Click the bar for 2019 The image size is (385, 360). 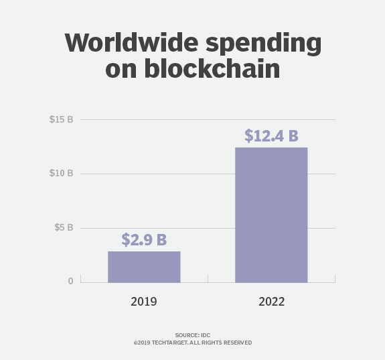144,267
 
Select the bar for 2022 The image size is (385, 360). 271,215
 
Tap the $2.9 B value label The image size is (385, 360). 144,239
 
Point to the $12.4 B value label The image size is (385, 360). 271,135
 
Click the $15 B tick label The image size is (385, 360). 61,119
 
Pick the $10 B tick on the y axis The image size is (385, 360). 61,174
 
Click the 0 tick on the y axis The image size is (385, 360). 70,281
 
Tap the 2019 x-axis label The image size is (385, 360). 144,302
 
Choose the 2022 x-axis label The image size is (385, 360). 271,302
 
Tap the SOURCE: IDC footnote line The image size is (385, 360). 192,335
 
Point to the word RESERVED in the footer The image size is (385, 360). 236,343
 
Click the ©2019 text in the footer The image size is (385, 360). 142,343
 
